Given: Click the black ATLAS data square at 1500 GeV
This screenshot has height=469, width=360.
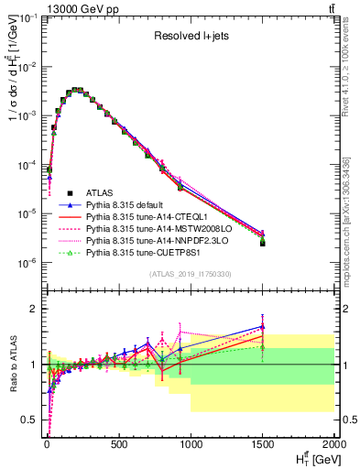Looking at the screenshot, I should click(x=263, y=244).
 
